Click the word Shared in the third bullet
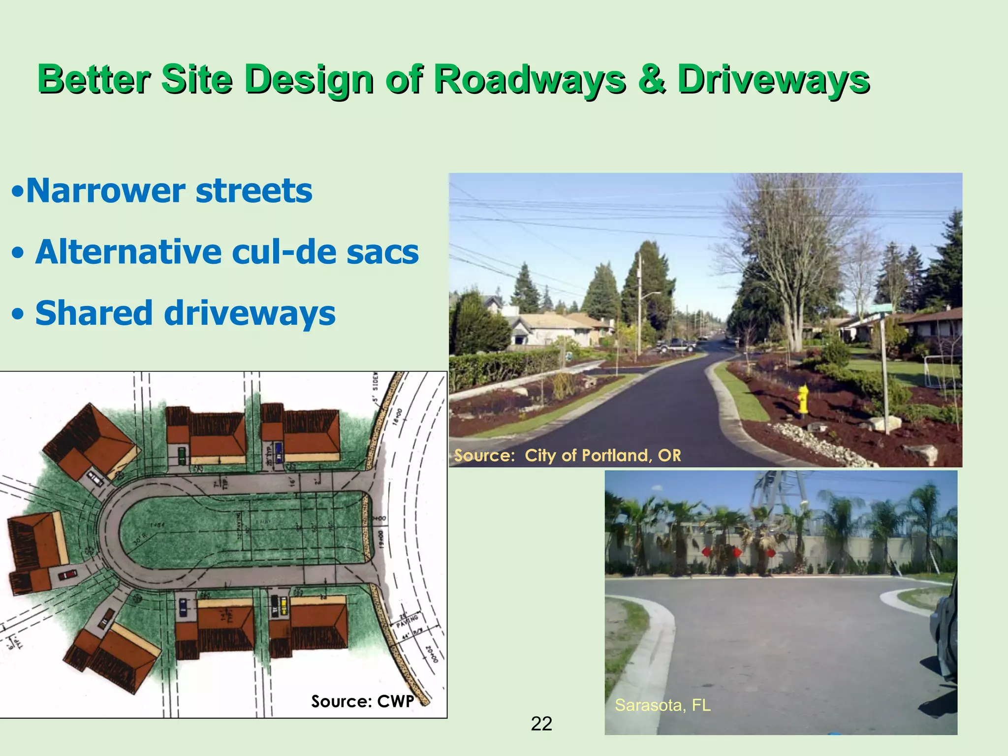pos(94,313)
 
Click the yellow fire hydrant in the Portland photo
pos(803,400)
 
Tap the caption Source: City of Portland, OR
pos(567,455)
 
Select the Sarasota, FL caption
pos(662,705)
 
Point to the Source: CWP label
pos(362,701)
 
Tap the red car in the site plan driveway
pos(67,574)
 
